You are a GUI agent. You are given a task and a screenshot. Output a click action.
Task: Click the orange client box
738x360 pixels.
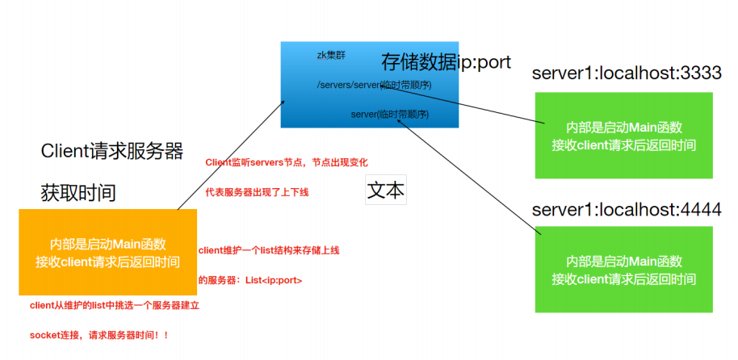(x=107, y=252)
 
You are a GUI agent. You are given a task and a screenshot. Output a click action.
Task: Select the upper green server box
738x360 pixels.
(x=623, y=136)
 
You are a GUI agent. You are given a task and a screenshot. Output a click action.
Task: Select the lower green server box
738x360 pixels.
(x=623, y=269)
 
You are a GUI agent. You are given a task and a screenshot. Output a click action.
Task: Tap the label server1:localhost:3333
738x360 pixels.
(x=626, y=73)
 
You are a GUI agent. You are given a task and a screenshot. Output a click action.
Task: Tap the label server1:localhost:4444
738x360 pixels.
(x=626, y=209)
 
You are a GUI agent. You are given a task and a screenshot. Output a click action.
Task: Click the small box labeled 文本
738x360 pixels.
(x=386, y=190)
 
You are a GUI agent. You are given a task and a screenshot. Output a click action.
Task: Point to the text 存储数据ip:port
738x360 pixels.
(x=446, y=62)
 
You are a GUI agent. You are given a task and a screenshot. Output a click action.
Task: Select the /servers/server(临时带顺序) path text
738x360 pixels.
(x=374, y=85)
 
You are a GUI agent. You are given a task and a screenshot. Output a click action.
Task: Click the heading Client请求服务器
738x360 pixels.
(x=112, y=151)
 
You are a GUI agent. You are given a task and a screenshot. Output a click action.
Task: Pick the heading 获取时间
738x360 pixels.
(x=78, y=193)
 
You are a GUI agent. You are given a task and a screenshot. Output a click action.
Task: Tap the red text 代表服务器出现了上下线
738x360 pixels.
(x=257, y=192)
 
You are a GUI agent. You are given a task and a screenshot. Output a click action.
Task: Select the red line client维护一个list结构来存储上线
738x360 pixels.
(x=268, y=250)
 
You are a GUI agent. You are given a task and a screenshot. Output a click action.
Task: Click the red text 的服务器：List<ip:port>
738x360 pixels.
(x=250, y=280)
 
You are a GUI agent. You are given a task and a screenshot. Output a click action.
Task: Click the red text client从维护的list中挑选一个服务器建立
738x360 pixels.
(x=114, y=306)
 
